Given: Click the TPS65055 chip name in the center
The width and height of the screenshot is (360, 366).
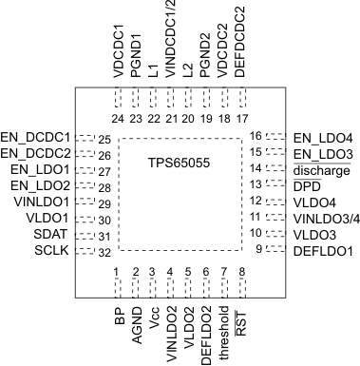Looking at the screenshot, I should point(179,164).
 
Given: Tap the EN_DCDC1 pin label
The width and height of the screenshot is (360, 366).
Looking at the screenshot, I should point(37,138).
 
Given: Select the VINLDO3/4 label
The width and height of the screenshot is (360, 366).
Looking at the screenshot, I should point(324,219).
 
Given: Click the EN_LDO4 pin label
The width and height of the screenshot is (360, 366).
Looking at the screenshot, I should point(320,138).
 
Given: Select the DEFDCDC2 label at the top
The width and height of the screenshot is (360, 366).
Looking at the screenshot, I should point(242,42).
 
